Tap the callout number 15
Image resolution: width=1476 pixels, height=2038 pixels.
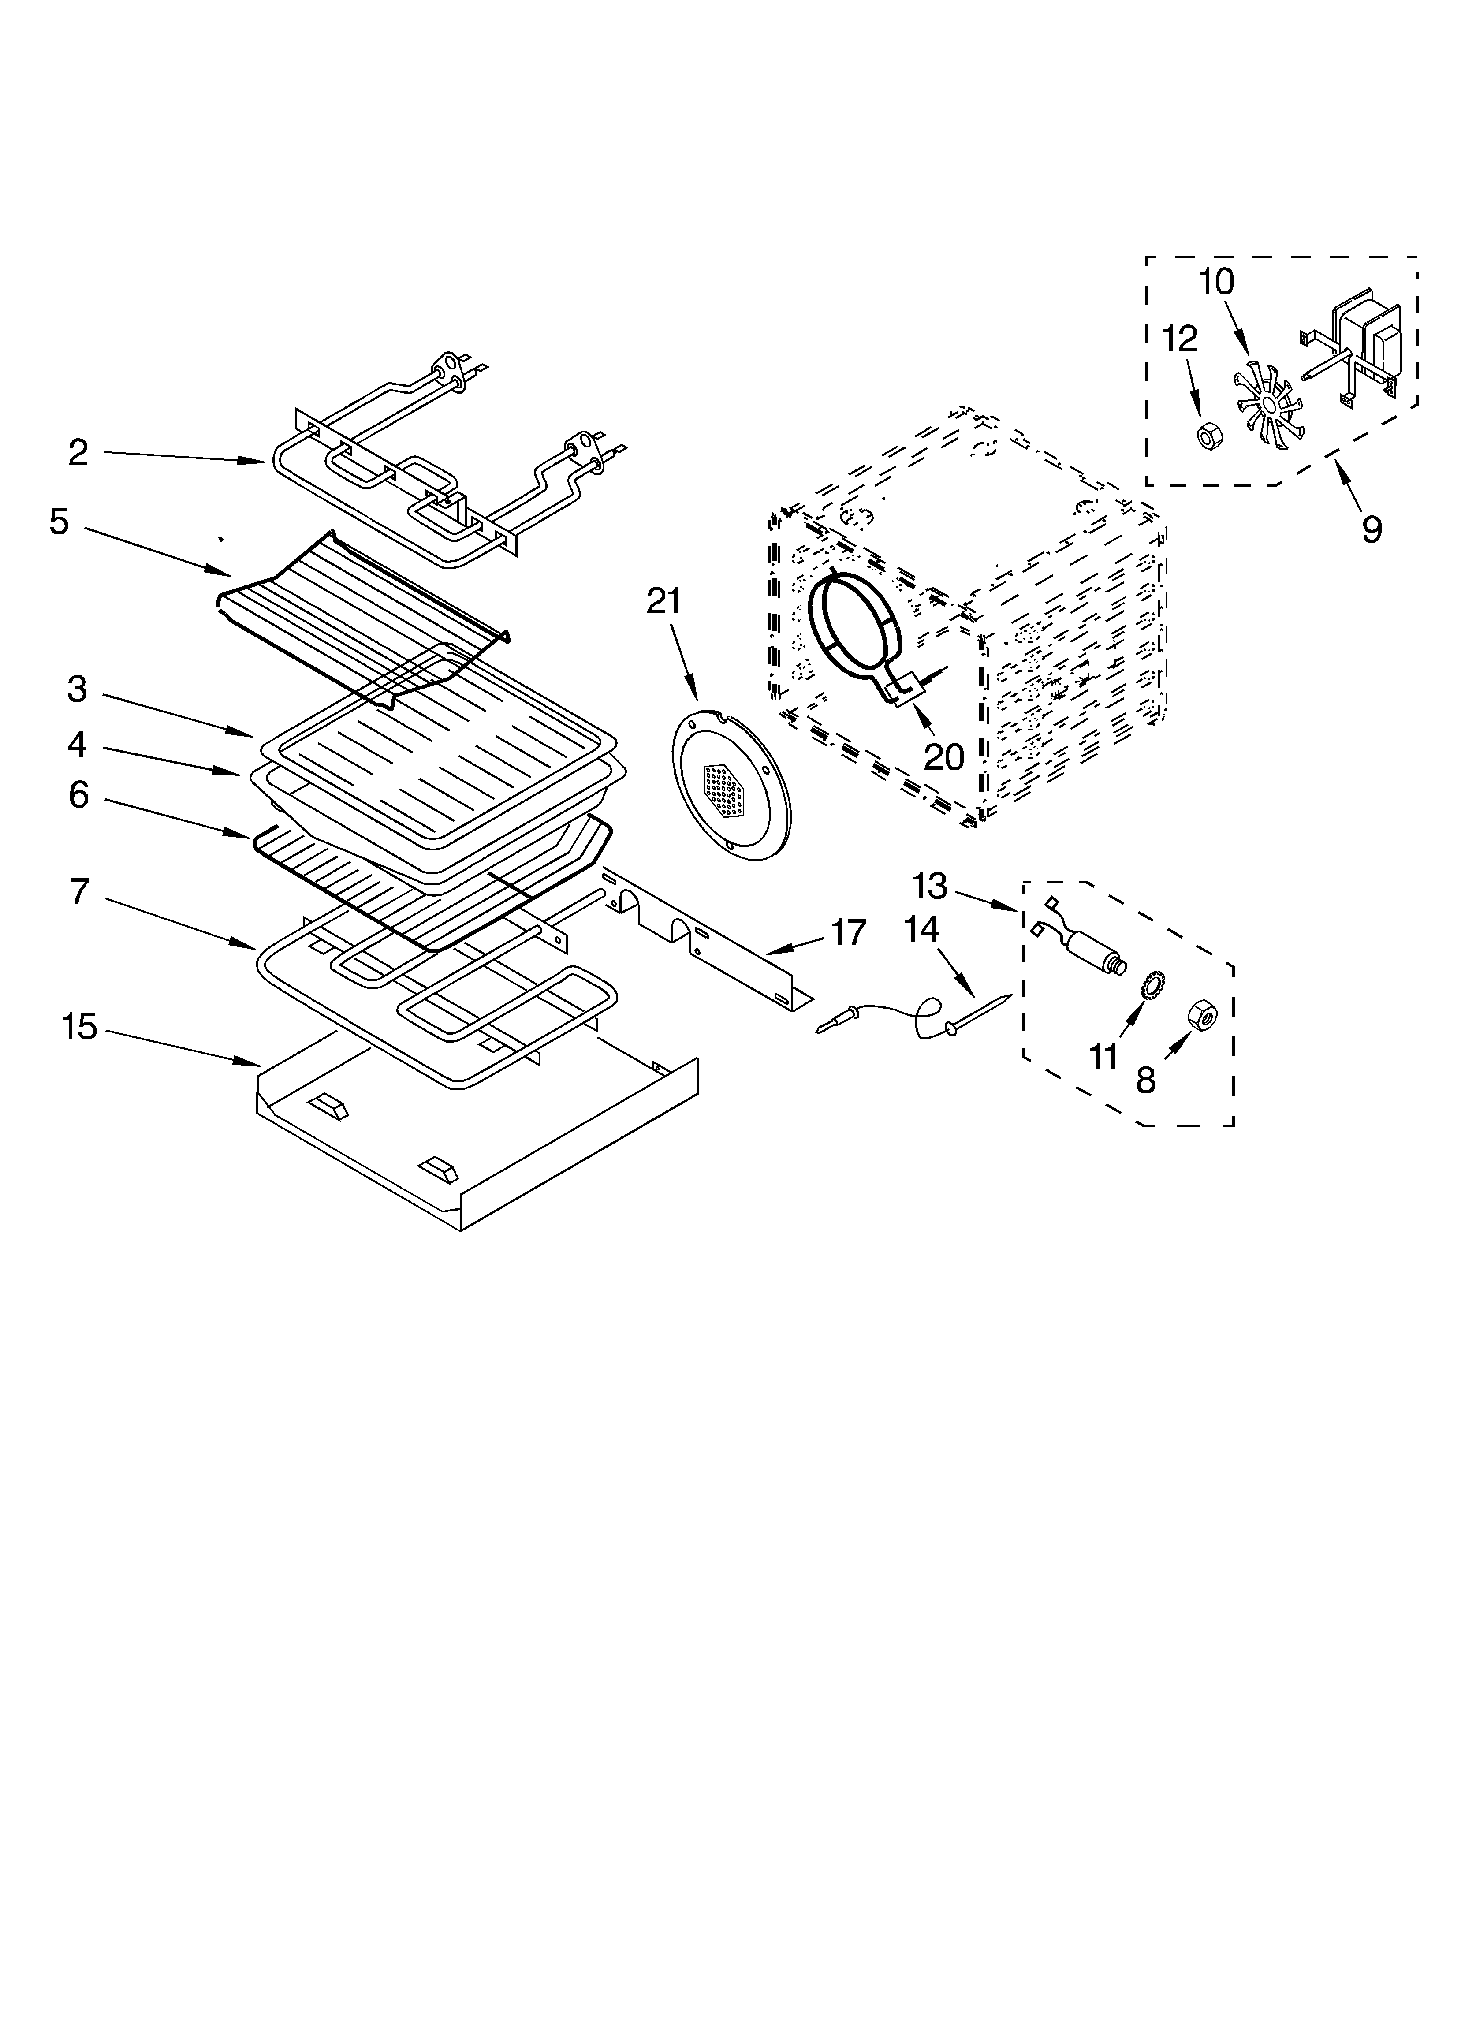coord(79,1026)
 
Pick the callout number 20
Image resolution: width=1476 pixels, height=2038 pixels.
coord(944,756)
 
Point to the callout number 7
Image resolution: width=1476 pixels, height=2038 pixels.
coord(79,891)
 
